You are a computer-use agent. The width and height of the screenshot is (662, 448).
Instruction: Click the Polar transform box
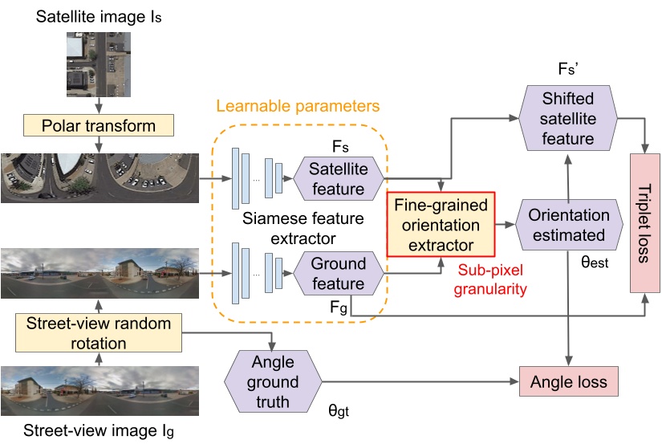(99, 126)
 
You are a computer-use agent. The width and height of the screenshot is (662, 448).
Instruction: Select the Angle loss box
(569, 381)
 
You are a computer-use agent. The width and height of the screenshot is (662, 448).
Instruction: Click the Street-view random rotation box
(99, 334)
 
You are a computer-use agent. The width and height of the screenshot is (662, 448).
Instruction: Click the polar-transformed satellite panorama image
(99, 176)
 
